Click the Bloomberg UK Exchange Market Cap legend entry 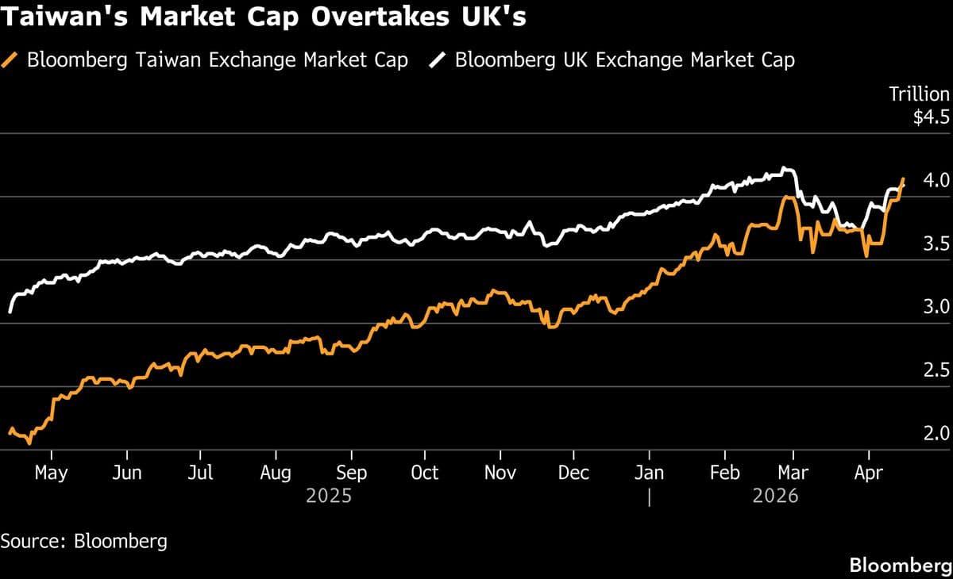[x=624, y=60]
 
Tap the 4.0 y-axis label [x=936, y=181]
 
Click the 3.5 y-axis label [x=936, y=244]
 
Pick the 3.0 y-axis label [x=936, y=308]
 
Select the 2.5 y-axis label [x=936, y=371]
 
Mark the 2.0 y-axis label [x=936, y=434]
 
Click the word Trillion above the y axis [x=919, y=94]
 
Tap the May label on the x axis [x=52, y=474]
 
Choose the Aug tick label [x=276, y=474]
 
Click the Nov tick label [x=500, y=474]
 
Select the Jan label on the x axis [x=649, y=474]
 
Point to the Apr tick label [x=868, y=474]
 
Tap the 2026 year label [x=774, y=497]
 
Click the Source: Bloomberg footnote [x=84, y=542]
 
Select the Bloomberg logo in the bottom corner [x=901, y=566]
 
